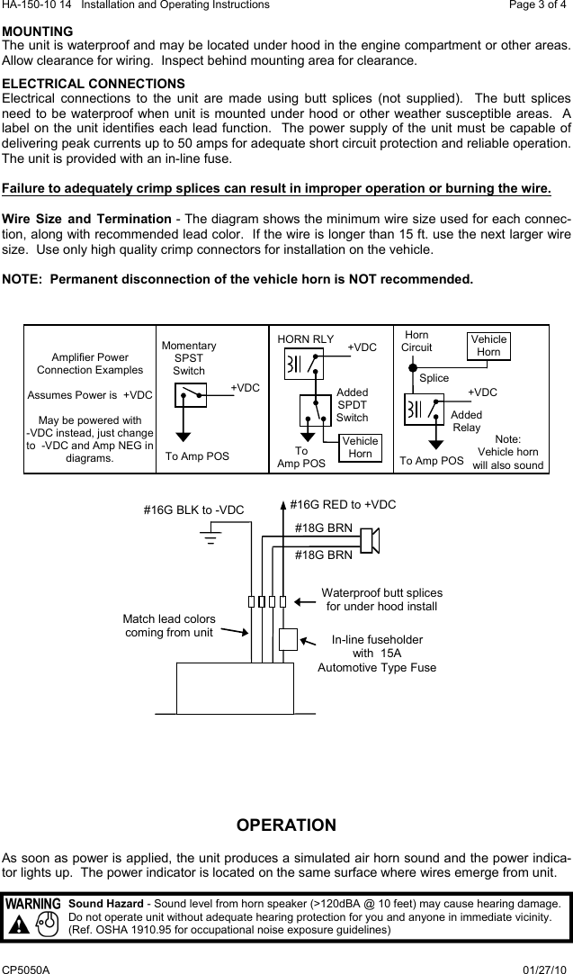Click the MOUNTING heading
tap(38, 32)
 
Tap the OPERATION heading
tap(286, 825)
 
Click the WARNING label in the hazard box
tap(33, 903)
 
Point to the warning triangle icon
tap(16, 924)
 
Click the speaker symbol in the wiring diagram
tap(370, 541)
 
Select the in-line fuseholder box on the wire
tap(288, 639)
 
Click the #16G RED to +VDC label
tap(343, 505)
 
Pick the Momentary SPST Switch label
tap(189, 358)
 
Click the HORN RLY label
tap(306, 338)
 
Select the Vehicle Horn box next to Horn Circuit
tap(488, 346)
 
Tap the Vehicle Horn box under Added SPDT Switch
tap(360, 447)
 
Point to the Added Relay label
tap(467, 420)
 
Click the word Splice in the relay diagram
tap(434, 378)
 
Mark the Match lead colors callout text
tap(170, 626)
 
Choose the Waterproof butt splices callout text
tap(381, 600)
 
